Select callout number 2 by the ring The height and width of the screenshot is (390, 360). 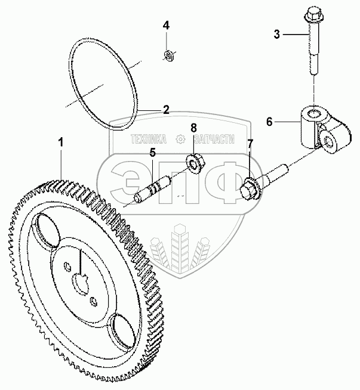167,109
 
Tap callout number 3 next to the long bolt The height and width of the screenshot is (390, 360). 277,34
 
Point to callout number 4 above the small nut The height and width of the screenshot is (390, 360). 167,26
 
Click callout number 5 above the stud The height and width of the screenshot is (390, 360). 153,153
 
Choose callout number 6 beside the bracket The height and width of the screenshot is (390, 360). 269,122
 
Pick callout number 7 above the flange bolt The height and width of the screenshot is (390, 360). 250,144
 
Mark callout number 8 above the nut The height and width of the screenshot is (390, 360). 193,128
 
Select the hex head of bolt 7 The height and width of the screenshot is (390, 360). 248,190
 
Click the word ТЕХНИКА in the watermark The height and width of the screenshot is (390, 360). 152,140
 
